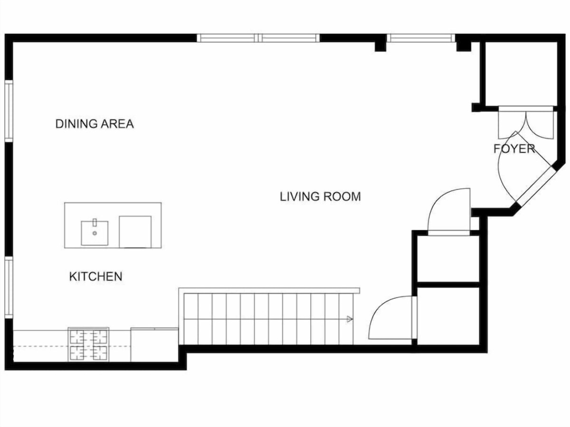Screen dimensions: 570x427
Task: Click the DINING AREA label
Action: (95, 124)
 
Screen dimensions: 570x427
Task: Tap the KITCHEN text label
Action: (95, 277)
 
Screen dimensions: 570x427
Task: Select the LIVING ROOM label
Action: (320, 196)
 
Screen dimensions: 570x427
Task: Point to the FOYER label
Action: (514, 149)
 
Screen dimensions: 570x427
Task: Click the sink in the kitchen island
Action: (95, 233)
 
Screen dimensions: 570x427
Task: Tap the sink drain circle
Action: (95, 233)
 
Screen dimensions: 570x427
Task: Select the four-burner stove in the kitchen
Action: (88, 344)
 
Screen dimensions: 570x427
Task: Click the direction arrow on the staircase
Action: (350, 319)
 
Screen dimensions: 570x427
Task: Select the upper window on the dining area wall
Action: (9, 111)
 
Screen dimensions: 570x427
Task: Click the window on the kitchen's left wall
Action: (9, 287)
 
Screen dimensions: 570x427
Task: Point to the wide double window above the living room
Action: (258, 38)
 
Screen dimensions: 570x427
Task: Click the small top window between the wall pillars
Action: (421, 38)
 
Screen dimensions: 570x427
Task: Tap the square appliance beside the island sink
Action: (135, 232)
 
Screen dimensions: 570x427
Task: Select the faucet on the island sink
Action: (95, 223)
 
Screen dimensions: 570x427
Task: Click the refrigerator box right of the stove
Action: (154, 344)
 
